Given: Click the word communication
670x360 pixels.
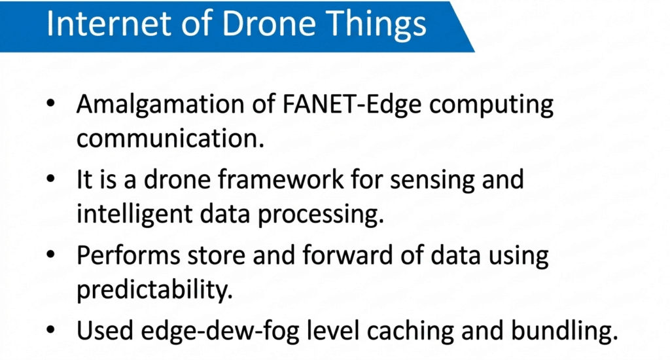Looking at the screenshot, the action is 170,139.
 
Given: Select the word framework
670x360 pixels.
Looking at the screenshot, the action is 281,179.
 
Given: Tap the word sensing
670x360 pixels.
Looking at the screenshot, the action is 432,181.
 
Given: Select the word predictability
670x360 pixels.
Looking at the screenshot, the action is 154,291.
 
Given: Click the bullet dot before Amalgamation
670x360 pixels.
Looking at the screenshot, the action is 51,103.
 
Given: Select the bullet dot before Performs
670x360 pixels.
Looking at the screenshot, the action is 51,255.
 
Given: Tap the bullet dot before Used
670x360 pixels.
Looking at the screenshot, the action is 51,330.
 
